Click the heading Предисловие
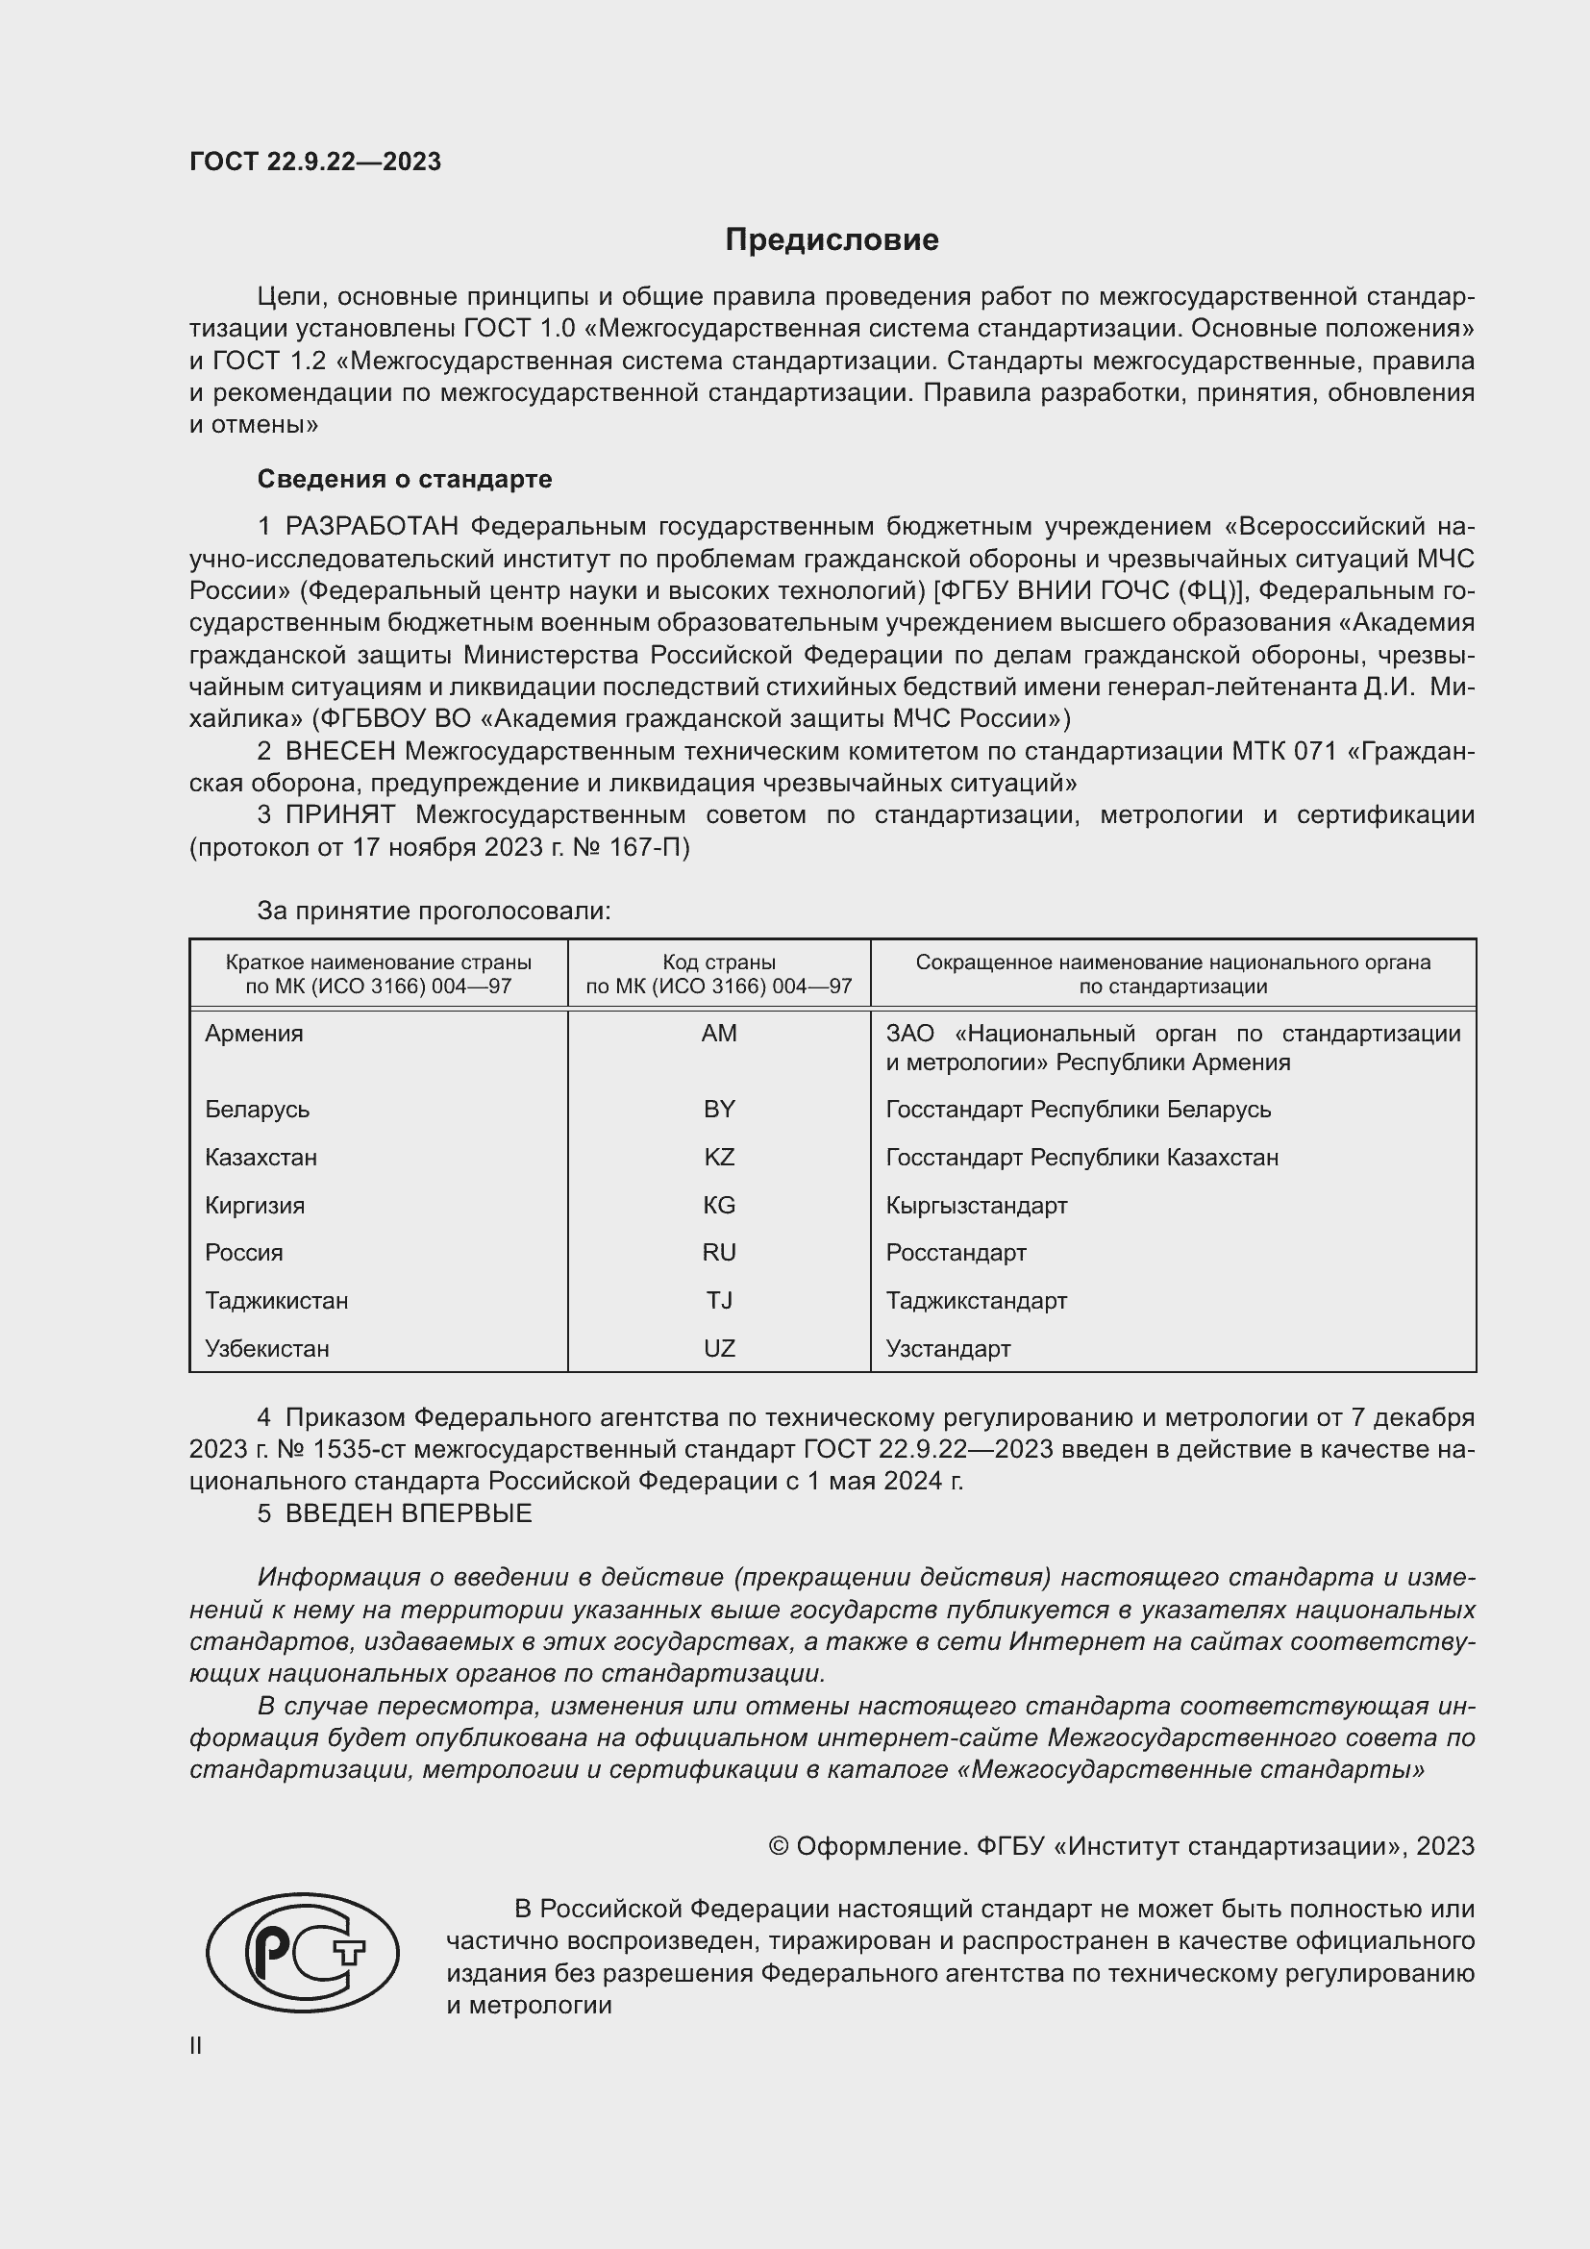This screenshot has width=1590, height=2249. coord(832,240)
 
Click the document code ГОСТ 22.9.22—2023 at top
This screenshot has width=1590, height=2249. coord(315,162)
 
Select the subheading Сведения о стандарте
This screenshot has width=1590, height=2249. coord(405,479)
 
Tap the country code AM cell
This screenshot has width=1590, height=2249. coord(719,1034)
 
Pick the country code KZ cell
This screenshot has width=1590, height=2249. coord(719,1157)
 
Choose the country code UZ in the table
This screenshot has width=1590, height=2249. coord(719,1348)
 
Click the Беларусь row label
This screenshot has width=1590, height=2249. coord(257,1109)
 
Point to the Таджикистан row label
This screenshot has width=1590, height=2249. coord(276,1300)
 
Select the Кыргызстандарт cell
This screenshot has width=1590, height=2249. coord(976,1205)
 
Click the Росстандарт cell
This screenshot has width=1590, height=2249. coord(956,1252)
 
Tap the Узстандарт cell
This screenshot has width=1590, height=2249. coord(948,1348)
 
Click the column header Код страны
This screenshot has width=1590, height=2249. coord(719,962)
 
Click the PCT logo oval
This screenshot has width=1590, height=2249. coord(303,1951)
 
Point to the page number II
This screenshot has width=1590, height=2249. coord(196,2045)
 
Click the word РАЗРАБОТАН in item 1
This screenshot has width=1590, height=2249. coord(372,527)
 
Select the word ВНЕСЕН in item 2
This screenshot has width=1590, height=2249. coord(340,751)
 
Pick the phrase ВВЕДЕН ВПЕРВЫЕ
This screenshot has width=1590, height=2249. coord(409,1513)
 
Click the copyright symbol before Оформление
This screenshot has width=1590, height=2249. coord(779,1846)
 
